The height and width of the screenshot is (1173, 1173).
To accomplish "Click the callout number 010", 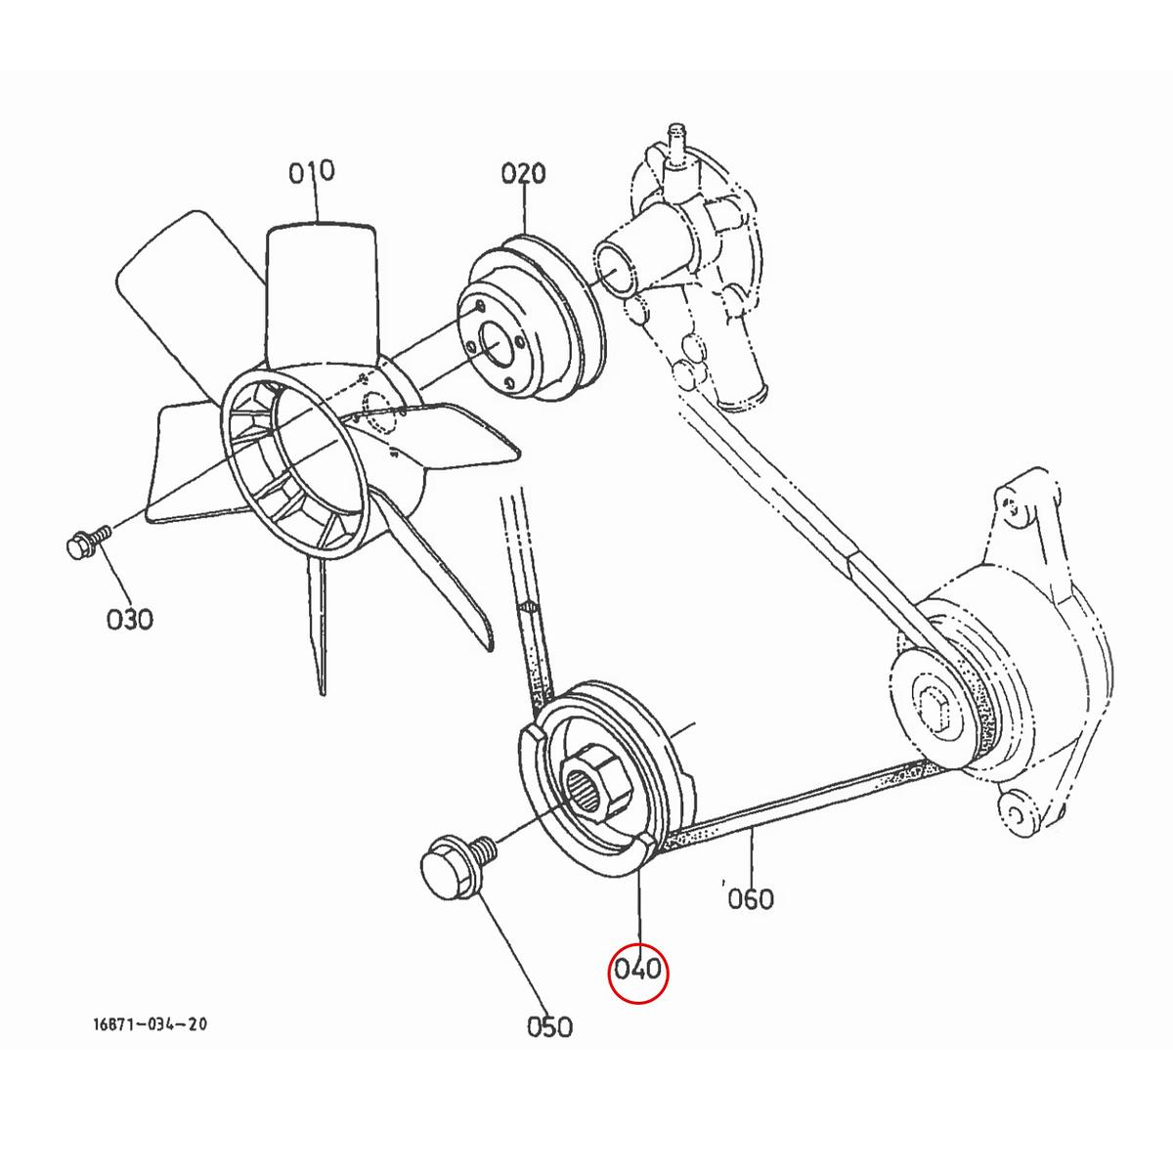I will tap(312, 172).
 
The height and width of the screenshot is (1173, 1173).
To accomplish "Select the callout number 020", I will tap(523, 175).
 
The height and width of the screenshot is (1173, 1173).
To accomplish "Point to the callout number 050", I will tap(549, 1026).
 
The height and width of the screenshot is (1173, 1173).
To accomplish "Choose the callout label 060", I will tap(750, 897).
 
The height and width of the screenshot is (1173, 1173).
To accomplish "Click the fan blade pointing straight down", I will tap(318, 626).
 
